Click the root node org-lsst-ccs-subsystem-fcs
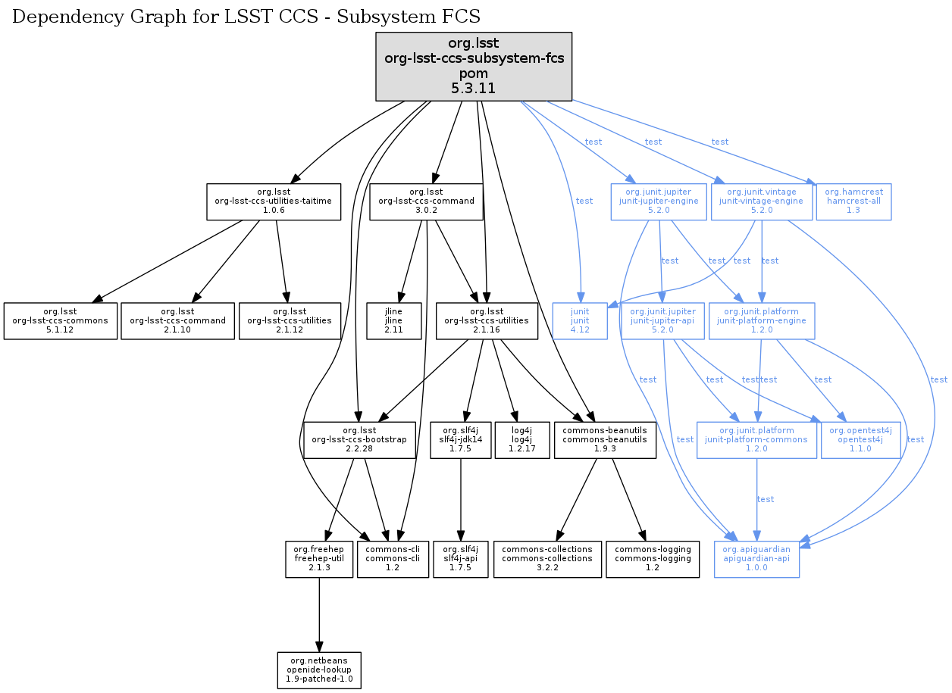[x=474, y=67]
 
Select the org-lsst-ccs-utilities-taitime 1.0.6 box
[x=274, y=201]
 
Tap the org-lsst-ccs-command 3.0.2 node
[x=426, y=201]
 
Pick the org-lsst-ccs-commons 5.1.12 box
[x=61, y=321]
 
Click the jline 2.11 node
[x=393, y=321]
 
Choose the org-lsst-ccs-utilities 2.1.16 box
[x=487, y=321]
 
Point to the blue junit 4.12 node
[x=580, y=321]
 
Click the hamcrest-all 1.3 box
[x=853, y=201]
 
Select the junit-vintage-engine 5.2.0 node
[x=761, y=201]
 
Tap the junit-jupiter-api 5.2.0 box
[x=662, y=321]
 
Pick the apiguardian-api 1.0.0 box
[x=756, y=560]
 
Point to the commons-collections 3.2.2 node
[x=547, y=560]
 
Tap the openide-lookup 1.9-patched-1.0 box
[x=318, y=671]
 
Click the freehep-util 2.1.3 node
[x=319, y=560]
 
